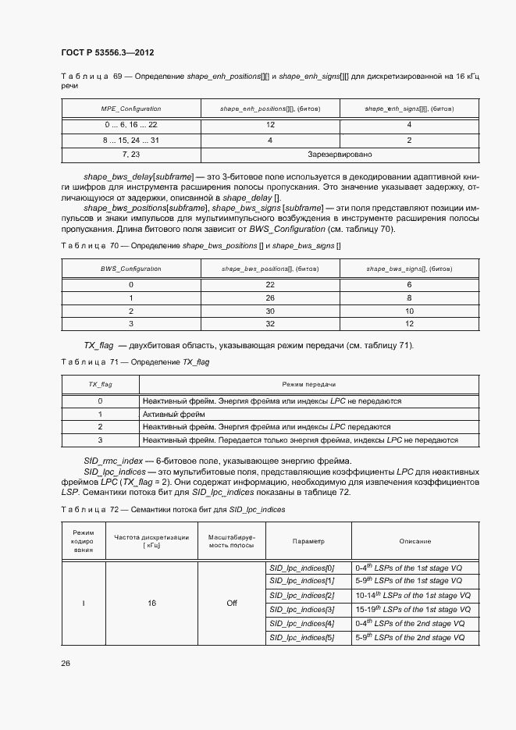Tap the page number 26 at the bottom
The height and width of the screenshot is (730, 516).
pyautogui.click(x=66, y=663)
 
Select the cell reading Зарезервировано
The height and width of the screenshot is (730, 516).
pyautogui.click(x=340, y=155)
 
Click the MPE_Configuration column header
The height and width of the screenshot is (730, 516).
pyautogui.click(x=131, y=109)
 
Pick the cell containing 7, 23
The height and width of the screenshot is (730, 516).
pyautogui.click(x=131, y=155)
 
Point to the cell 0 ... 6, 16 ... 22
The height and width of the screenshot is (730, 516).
pyautogui.click(x=131, y=125)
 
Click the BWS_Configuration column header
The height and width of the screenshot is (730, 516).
pyautogui.click(x=131, y=269)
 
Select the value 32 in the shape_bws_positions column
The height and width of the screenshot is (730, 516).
pyautogui.click(x=270, y=322)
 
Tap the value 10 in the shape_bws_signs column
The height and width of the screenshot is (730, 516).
pyautogui.click(x=409, y=310)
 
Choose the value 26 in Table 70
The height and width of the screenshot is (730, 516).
pyautogui.click(x=270, y=297)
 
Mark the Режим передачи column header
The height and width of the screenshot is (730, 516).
pyautogui.click(x=308, y=385)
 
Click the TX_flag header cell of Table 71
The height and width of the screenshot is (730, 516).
pyautogui.click(x=100, y=385)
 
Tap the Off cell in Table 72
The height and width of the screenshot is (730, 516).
pyautogui.click(x=232, y=603)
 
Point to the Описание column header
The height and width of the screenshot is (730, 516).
pyautogui.click(x=415, y=541)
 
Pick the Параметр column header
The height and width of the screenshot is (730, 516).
pyautogui.click(x=308, y=541)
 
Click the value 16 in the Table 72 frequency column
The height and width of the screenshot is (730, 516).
pyautogui.click(x=151, y=603)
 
